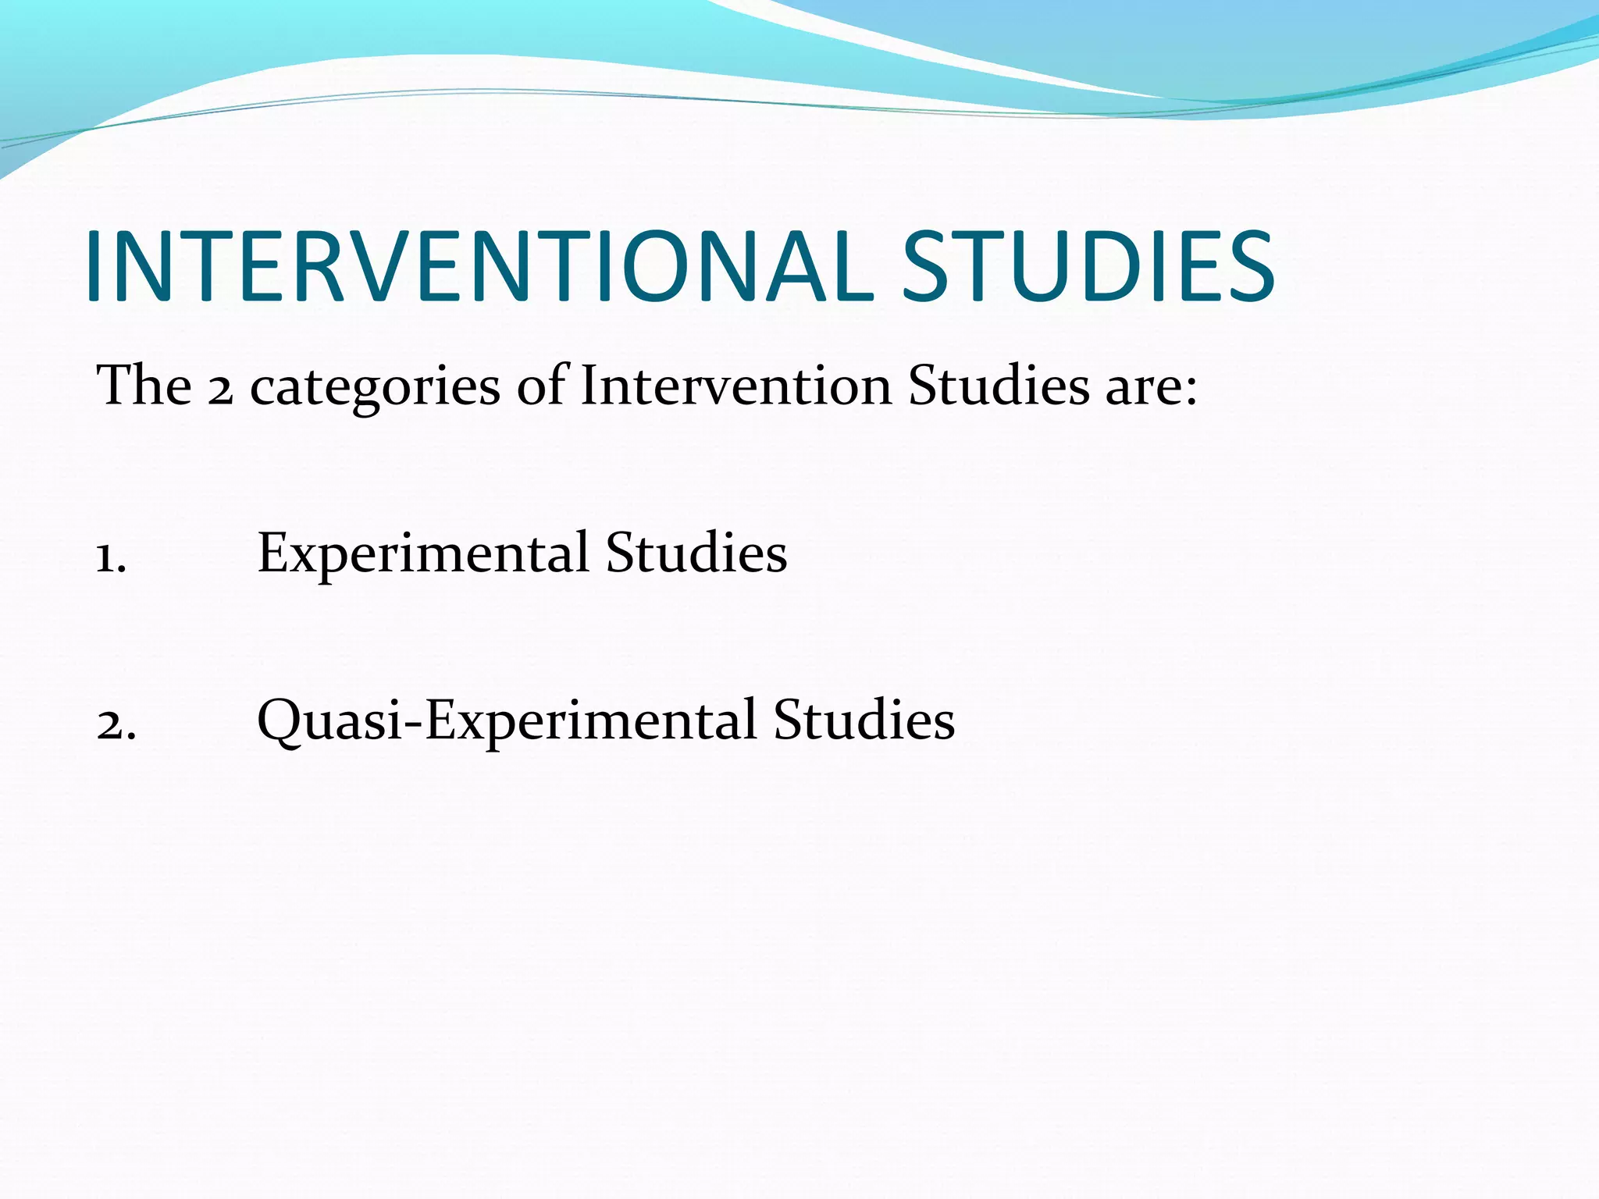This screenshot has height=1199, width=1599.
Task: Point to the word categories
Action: pos(375,388)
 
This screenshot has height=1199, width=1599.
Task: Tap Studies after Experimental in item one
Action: pos(696,552)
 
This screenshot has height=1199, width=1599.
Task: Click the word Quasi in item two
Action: pos(329,719)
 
